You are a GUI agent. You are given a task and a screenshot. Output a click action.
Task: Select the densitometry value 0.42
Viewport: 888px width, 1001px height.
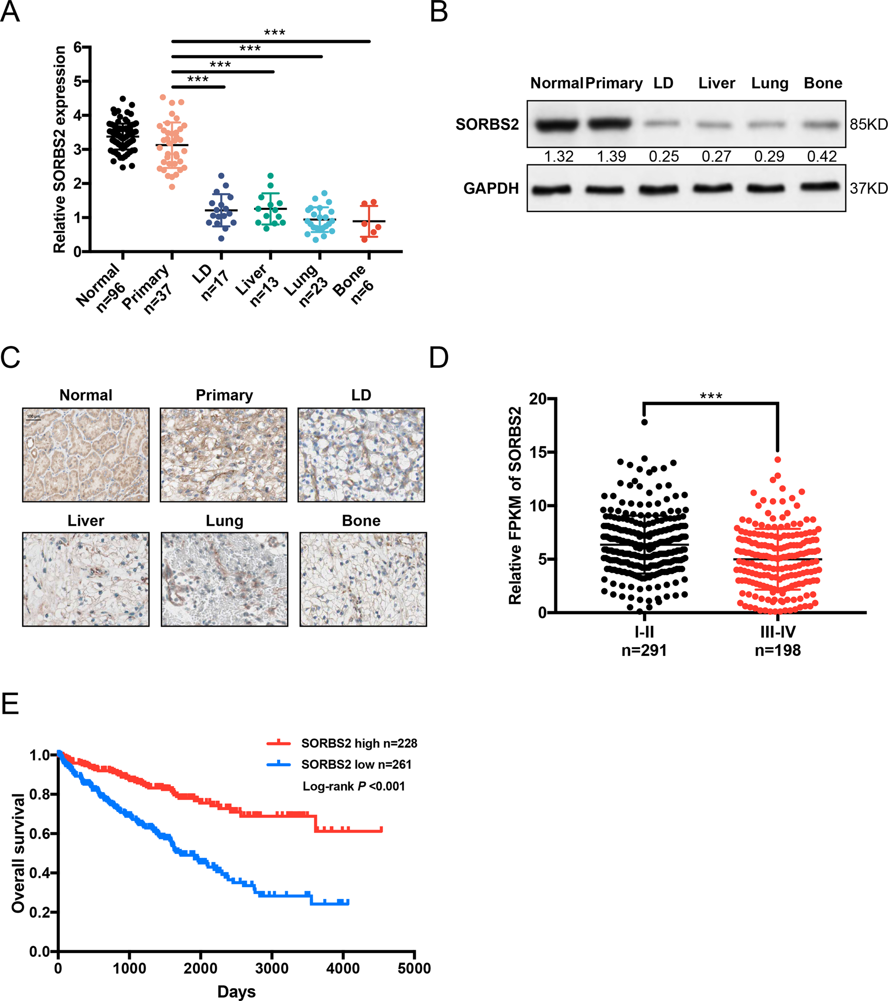click(x=822, y=156)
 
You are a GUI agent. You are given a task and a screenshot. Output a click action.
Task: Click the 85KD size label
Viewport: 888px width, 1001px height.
click(x=868, y=124)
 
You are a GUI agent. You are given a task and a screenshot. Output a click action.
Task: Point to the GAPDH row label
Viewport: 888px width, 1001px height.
click(x=491, y=188)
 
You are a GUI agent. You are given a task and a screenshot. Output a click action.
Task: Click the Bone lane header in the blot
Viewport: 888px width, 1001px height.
click(x=823, y=83)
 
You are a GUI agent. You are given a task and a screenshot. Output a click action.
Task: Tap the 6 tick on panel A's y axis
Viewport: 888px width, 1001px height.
click(x=78, y=47)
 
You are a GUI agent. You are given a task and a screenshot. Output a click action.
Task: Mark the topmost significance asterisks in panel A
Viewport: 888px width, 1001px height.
click(x=274, y=33)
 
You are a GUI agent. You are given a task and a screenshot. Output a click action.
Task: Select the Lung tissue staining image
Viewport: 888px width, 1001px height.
click(x=224, y=579)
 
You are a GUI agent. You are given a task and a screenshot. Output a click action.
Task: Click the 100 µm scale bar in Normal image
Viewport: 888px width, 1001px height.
click(x=33, y=417)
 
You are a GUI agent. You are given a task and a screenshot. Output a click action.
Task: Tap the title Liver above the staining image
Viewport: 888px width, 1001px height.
click(x=86, y=521)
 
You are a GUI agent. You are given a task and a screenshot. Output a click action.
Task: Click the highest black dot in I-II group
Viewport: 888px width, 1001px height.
click(x=644, y=422)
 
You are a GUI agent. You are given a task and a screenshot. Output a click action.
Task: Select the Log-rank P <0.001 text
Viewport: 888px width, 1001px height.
click(x=353, y=786)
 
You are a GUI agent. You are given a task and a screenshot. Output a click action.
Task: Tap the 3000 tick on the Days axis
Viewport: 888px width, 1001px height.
click(x=272, y=968)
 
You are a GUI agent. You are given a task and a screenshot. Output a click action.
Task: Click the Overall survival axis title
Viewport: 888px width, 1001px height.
click(x=18, y=852)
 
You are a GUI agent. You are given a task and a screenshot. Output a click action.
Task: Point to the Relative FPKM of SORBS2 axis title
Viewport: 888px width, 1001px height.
click(x=515, y=505)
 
